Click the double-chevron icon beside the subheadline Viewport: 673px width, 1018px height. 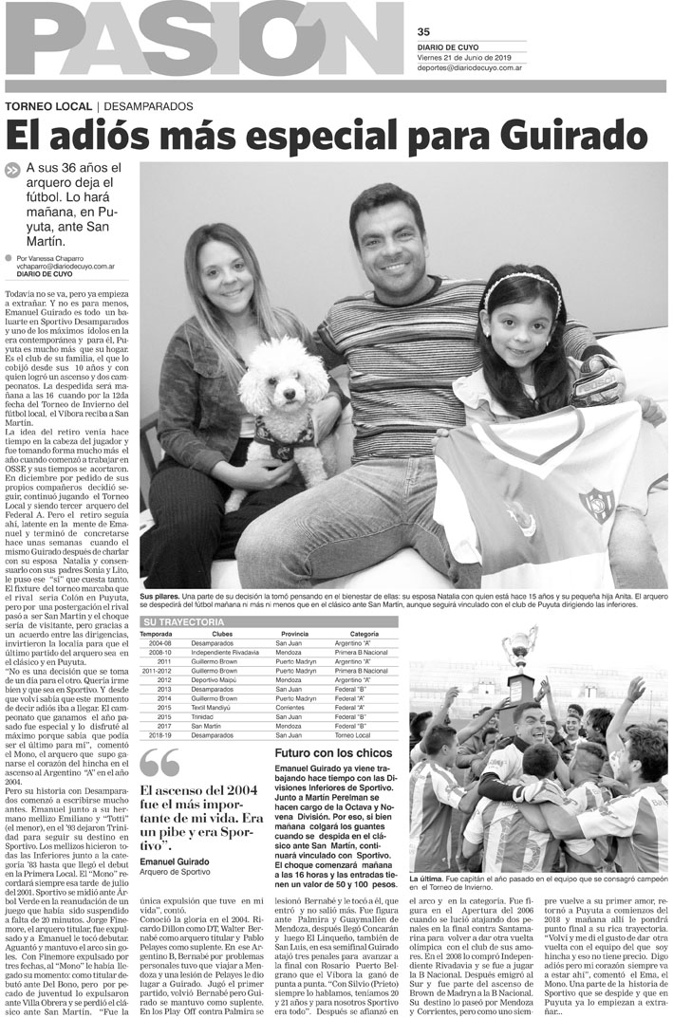11,171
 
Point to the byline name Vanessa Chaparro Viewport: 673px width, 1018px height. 56,258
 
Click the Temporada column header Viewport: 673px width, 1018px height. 156,634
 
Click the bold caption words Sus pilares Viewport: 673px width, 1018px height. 158,593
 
